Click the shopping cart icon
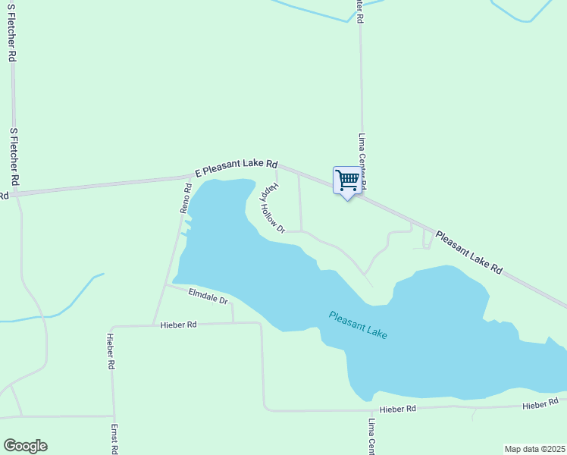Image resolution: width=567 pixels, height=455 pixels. tap(346, 180)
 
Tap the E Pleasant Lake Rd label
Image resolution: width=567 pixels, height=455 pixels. tap(237, 168)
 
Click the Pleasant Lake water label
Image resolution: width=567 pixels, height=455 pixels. tap(358, 324)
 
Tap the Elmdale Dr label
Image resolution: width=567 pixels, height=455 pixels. tap(208, 296)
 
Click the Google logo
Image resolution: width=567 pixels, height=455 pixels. tap(25, 446)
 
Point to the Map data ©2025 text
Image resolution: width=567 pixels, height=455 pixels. tap(534, 449)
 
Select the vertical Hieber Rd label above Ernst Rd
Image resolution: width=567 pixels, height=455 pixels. tap(111, 351)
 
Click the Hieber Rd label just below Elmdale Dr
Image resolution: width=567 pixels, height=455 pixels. tap(179, 325)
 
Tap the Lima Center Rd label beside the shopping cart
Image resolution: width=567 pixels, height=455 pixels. tap(362, 161)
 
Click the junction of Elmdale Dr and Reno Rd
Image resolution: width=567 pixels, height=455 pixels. tap(166, 285)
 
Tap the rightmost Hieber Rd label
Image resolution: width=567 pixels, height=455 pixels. tap(540, 406)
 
